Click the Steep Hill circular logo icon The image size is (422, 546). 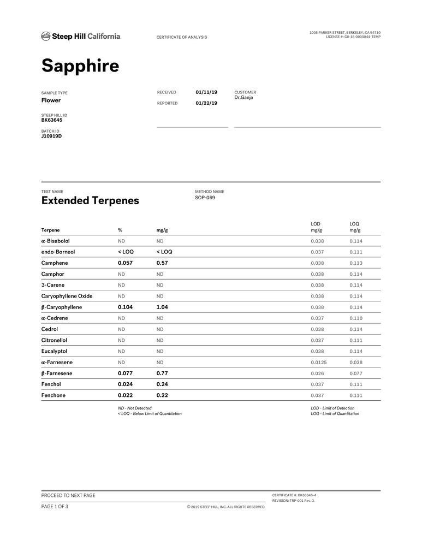(x=45, y=37)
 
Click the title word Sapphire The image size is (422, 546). (x=80, y=66)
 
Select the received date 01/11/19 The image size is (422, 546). (x=206, y=92)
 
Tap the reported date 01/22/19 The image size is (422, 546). (x=206, y=103)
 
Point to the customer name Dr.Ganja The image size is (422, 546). (x=243, y=98)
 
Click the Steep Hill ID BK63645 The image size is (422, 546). (x=52, y=120)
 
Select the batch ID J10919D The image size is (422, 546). (x=51, y=136)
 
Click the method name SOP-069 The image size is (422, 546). (x=205, y=198)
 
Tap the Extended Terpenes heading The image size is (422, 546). (x=90, y=200)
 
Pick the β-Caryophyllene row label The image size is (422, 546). (x=62, y=307)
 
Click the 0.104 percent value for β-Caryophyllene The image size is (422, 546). (x=125, y=307)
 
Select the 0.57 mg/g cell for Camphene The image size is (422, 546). (x=162, y=263)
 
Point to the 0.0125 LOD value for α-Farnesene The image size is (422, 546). (x=319, y=363)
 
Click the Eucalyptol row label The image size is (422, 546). (x=54, y=352)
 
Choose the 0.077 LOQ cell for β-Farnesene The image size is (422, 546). (x=356, y=373)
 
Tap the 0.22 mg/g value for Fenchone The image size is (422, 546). (x=162, y=395)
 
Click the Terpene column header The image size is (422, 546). (x=51, y=230)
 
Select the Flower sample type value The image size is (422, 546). (x=51, y=100)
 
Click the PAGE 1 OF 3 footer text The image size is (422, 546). (x=55, y=506)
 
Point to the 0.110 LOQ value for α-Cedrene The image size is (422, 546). (x=356, y=318)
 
